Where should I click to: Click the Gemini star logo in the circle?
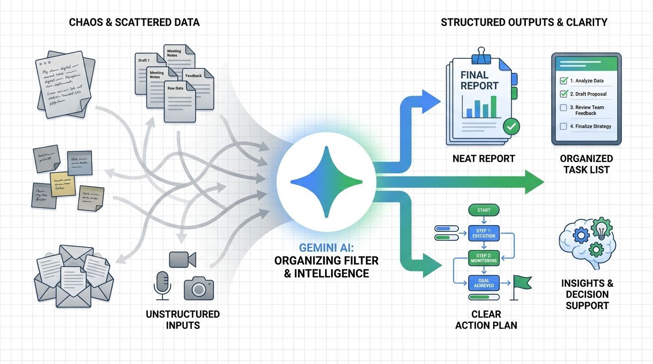coord(326,182)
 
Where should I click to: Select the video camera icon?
coord(182,259)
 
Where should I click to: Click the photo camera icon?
coord(198,287)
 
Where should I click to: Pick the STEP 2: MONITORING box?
coord(484,258)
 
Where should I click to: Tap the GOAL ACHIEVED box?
coord(484,283)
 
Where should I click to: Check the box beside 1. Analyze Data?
coord(564,81)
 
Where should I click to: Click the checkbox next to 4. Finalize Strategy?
coord(564,127)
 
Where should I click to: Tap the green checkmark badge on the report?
coord(511,126)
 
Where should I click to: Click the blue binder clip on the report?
coord(481,55)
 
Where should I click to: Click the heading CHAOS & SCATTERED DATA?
coord(134,22)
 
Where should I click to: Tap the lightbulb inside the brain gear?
coord(602,229)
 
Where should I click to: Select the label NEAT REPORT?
coord(484,159)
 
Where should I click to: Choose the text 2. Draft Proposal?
coord(588,94)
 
